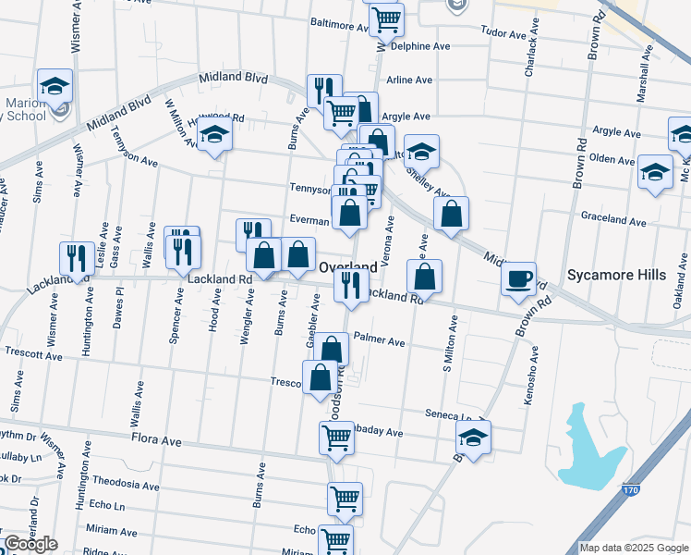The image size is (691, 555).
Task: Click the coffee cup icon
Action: tap(518, 277)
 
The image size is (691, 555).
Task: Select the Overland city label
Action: tap(347, 266)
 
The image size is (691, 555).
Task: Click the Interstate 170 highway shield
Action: tap(631, 488)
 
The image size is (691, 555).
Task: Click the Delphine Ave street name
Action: tap(419, 45)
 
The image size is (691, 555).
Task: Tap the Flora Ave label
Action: tap(156, 440)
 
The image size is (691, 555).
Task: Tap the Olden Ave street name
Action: tap(612, 159)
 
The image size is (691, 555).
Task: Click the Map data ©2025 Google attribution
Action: tap(634, 548)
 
